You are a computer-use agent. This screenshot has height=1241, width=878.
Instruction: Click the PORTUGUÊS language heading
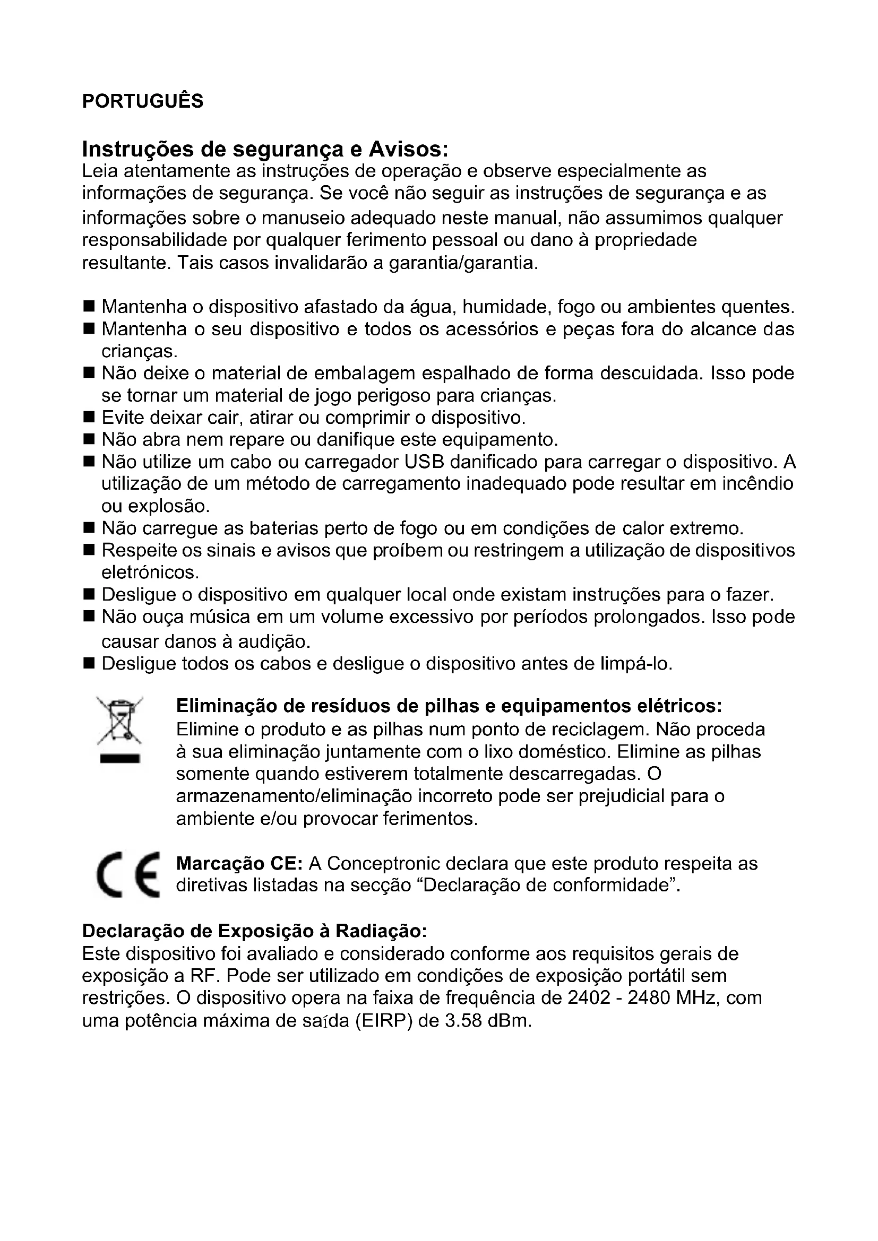click(x=143, y=101)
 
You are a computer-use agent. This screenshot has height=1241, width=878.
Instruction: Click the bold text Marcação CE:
click(x=239, y=864)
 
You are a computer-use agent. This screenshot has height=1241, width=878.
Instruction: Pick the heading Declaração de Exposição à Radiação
click(x=254, y=931)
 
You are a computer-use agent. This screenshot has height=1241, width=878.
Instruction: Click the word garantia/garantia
click(x=463, y=263)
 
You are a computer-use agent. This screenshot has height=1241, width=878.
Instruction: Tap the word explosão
click(x=169, y=507)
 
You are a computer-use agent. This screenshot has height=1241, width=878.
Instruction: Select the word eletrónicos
click(x=150, y=572)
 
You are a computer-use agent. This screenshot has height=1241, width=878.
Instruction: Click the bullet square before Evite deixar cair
click(x=89, y=418)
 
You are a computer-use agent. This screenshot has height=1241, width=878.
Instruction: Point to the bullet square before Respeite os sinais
click(x=89, y=550)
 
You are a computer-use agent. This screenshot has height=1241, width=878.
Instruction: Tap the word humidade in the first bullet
click(x=506, y=307)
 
